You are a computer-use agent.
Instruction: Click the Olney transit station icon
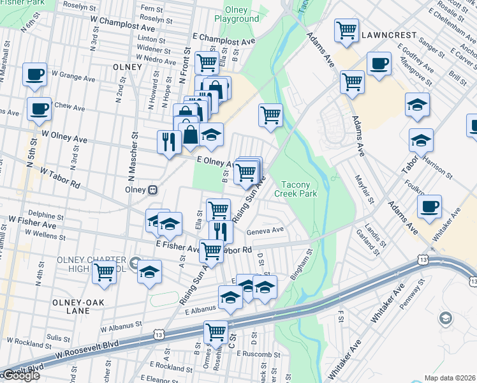(153, 190)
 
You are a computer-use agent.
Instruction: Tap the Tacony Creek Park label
(295, 188)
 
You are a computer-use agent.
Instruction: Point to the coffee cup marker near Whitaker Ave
(430, 206)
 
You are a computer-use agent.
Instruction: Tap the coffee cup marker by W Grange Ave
(34, 74)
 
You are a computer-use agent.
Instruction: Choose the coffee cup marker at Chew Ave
(38, 109)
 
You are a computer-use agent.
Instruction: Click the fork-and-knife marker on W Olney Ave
(169, 142)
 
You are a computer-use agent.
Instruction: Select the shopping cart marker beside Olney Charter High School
(104, 271)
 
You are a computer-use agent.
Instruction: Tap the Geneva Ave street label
(268, 230)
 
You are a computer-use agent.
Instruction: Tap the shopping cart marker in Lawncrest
(346, 29)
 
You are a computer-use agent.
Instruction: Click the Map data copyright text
(450, 378)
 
